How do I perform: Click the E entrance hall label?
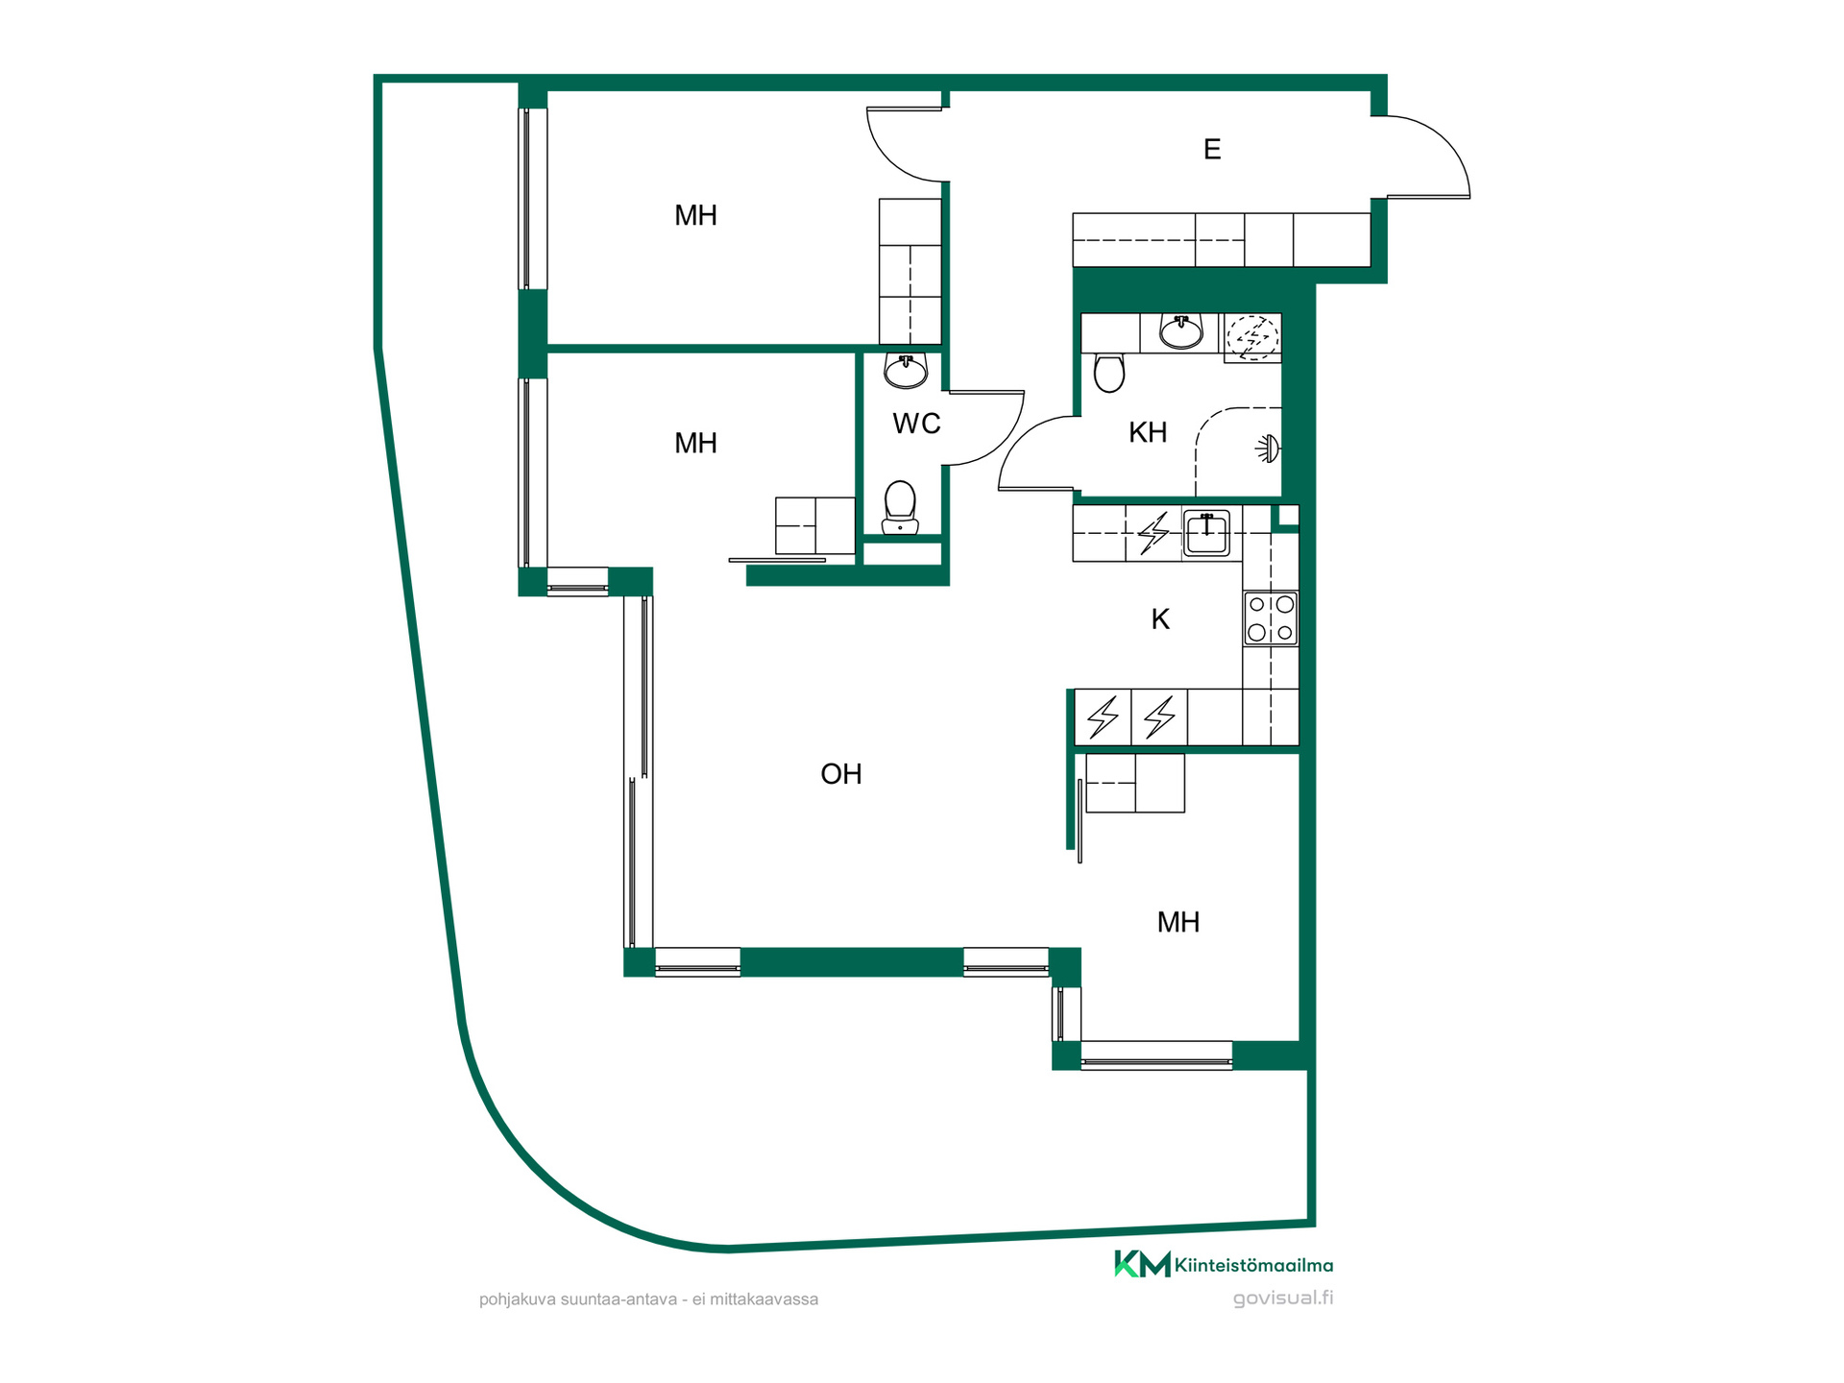(x=1212, y=149)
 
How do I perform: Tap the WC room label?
(x=916, y=424)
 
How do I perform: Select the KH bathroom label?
(x=1148, y=432)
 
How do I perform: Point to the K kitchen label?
(x=1160, y=619)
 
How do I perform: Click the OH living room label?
(x=841, y=774)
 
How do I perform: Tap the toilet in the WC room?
(x=900, y=507)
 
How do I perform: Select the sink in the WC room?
(x=906, y=371)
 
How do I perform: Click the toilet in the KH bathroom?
(x=1109, y=373)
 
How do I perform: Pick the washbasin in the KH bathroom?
(x=1181, y=330)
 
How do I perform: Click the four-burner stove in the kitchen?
(x=1271, y=618)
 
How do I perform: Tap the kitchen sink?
(x=1206, y=533)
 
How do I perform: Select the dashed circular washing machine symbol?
(x=1252, y=337)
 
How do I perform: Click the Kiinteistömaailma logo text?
(x=1253, y=1266)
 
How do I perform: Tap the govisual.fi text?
(x=1283, y=1298)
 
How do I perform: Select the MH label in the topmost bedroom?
(x=695, y=215)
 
